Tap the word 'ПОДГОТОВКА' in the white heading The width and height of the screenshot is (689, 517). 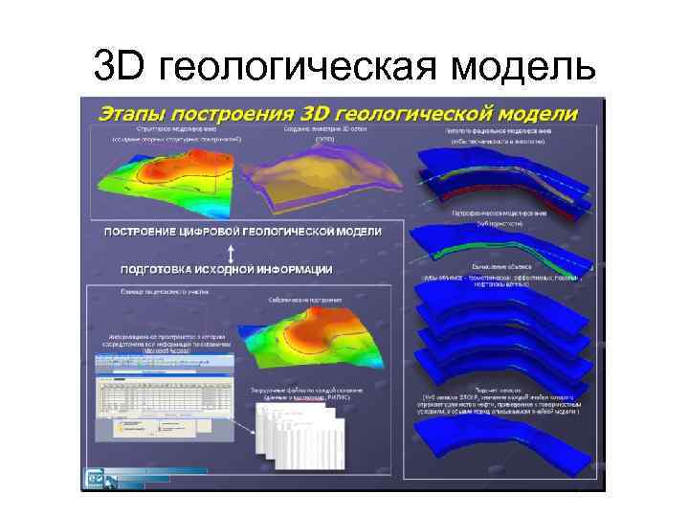[x=164, y=269]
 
